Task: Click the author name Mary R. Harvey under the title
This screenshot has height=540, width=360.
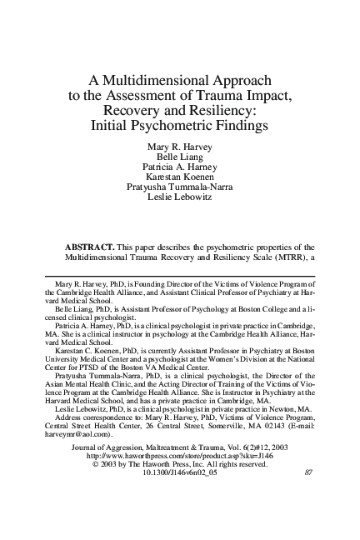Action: [180, 147]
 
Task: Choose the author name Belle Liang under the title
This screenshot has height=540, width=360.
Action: [180, 158]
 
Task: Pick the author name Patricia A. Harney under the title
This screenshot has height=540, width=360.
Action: [180, 169]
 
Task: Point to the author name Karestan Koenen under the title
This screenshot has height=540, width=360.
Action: [180, 180]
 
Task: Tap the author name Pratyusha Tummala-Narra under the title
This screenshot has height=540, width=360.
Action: [180, 191]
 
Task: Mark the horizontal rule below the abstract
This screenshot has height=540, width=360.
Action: [180, 275]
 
